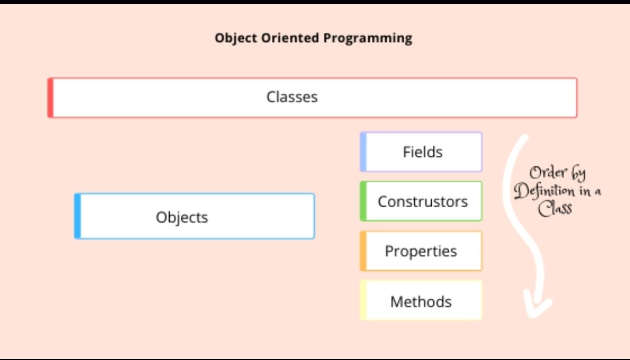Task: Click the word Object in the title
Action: pos(236,38)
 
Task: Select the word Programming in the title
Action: pos(367,39)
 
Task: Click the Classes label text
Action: pos(292,97)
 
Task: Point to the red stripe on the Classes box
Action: pos(50,97)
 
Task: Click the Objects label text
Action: pos(182,217)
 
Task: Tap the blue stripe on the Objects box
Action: pos(78,216)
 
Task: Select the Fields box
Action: pos(421,152)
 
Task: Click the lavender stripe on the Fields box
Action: pos(363,152)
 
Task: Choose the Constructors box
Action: pos(421,201)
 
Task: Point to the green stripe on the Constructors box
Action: pos(363,201)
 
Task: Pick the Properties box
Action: pos(421,251)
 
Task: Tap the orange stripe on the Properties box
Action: pos(363,251)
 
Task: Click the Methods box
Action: pos(421,300)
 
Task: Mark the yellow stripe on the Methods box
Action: pos(363,300)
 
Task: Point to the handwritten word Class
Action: pos(555,208)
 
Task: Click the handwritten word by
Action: pos(576,173)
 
